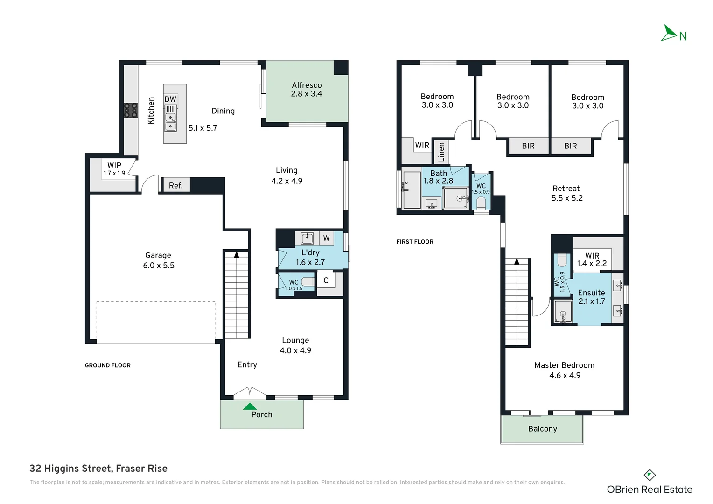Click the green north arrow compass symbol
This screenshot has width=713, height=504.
pos(669,33)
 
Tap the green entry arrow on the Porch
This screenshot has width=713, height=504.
pos(250,406)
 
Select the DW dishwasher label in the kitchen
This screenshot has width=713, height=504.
pos(170,99)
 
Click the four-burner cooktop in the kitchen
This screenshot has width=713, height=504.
pos(131,110)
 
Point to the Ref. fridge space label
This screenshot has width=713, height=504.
pos(175,185)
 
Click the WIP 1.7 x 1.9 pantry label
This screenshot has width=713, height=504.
pos(114,169)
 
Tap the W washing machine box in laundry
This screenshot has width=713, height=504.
pos(326,238)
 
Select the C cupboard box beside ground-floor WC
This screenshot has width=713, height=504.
pos(326,280)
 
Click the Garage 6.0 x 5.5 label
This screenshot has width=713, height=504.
pos(158,260)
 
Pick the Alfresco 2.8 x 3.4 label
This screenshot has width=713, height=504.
pos(307,89)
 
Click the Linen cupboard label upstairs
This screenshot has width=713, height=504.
pos(441,152)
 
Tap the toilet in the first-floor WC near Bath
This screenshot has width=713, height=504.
pos(481,203)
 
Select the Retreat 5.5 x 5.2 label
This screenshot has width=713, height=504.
pos(566,193)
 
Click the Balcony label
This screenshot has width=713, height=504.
pos(542,429)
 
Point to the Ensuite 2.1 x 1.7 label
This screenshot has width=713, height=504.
pos(591,297)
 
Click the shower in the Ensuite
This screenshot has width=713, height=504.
pos(563,312)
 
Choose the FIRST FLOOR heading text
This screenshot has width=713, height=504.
pos(415,242)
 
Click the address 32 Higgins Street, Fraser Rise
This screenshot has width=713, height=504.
pos(98,469)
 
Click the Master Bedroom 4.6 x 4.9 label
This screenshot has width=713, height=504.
pos(564,370)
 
